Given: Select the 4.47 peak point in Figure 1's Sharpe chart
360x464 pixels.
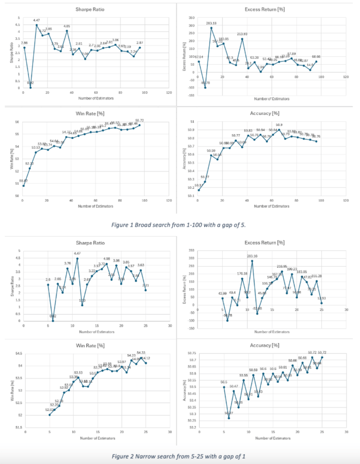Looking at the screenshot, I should tap(36, 24).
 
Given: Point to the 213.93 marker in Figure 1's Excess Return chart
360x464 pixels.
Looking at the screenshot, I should tap(241, 38).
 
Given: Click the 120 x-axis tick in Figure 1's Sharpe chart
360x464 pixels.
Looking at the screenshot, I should tap(168, 93).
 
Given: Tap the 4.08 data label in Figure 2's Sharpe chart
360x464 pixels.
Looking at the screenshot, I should tap(106, 258).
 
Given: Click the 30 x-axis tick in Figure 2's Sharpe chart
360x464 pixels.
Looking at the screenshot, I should tap(170, 325).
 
